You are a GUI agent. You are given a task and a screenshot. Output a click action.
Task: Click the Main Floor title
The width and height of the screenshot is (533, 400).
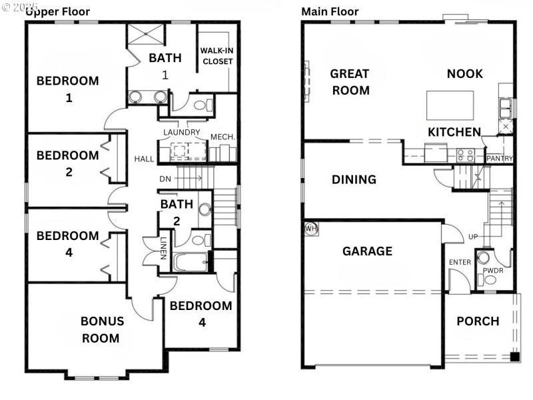point(330,11)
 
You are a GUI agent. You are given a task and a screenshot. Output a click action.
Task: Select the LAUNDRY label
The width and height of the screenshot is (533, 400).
point(181,132)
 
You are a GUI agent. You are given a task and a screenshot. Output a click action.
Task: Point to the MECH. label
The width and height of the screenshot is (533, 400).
point(223,137)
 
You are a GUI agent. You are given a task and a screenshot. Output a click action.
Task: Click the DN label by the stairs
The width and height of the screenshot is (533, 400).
point(165,179)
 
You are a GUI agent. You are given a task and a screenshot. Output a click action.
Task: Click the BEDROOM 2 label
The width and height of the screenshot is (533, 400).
point(67,163)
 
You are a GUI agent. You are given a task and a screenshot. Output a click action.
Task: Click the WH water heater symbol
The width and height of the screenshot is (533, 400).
point(310,229)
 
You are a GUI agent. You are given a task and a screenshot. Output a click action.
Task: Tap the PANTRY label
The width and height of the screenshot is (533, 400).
point(499,159)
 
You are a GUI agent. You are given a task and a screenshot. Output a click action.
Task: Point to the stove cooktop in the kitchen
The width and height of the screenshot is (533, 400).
point(465,155)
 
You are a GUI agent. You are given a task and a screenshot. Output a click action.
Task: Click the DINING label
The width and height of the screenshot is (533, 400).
point(354,179)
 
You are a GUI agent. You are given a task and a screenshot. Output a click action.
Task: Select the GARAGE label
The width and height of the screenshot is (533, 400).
point(367,251)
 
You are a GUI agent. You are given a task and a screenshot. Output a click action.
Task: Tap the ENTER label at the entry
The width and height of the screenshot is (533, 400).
point(460,262)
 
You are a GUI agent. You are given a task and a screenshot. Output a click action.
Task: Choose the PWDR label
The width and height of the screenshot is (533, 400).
point(493,271)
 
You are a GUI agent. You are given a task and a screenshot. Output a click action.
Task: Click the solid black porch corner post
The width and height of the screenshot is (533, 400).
point(514,357)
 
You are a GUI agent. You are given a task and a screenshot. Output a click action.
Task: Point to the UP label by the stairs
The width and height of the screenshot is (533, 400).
point(473,237)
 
